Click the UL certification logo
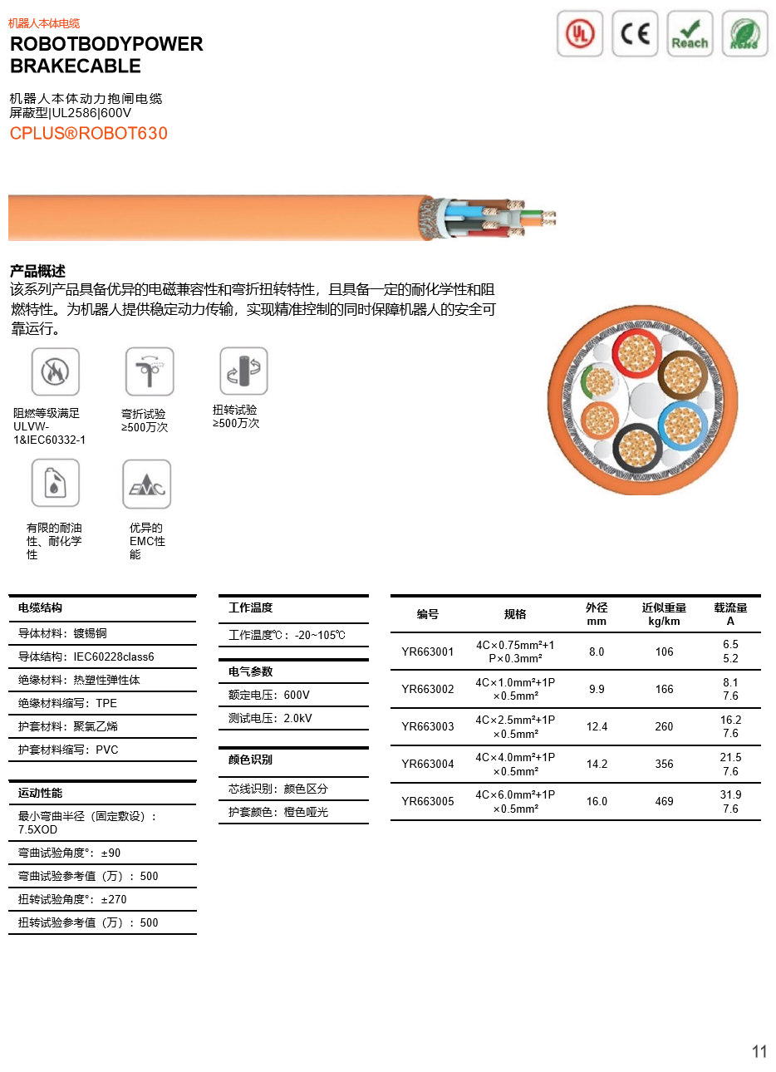tap(579, 34)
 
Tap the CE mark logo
tap(635, 34)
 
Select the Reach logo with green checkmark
tap(690, 34)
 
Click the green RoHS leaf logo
tap(744, 34)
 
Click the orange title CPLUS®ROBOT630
tap(89, 134)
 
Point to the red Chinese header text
tap(44, 23)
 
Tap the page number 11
tap(759, 1052)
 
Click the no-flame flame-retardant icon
tap(54, 370)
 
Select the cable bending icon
tap(149, 371)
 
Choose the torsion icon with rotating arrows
tap(243, 370)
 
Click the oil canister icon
tap(54, 481)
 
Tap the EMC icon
tap(145, 483)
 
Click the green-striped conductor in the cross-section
tap(598, 381)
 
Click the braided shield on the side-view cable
tap(427, 217)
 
